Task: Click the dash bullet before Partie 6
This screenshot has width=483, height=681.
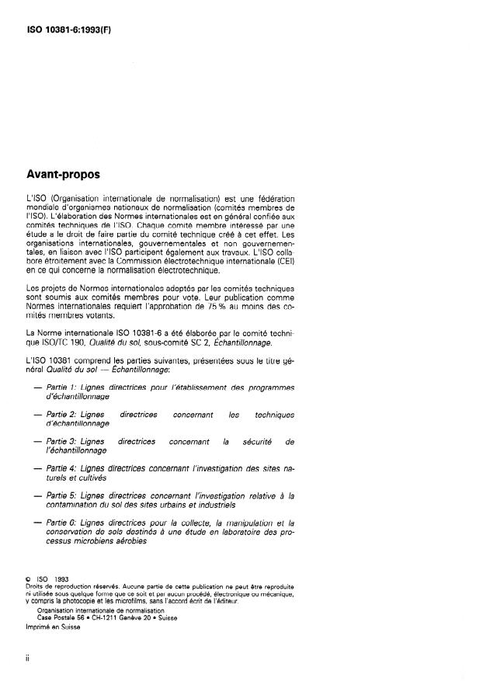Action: point(37,523)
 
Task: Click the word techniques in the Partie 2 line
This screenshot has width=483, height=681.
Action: point(273,415)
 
